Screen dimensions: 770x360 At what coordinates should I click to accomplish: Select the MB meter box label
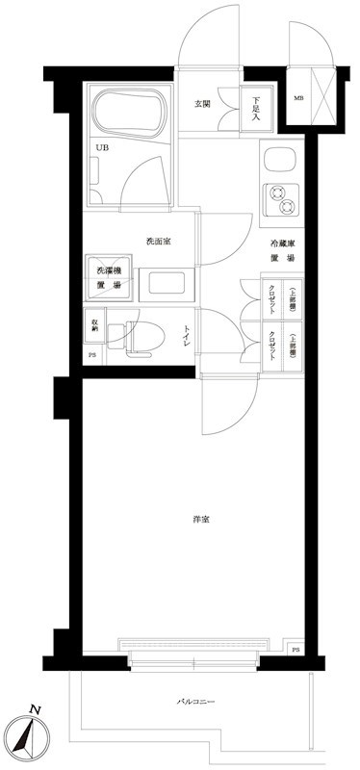pos(298,97)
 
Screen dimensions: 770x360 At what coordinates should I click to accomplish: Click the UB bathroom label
pos(102,146)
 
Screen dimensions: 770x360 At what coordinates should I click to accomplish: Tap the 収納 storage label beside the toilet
pos(94,326)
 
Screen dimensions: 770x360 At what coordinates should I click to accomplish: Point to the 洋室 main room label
pos(200,521)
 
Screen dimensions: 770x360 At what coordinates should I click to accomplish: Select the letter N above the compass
pos(37,710)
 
